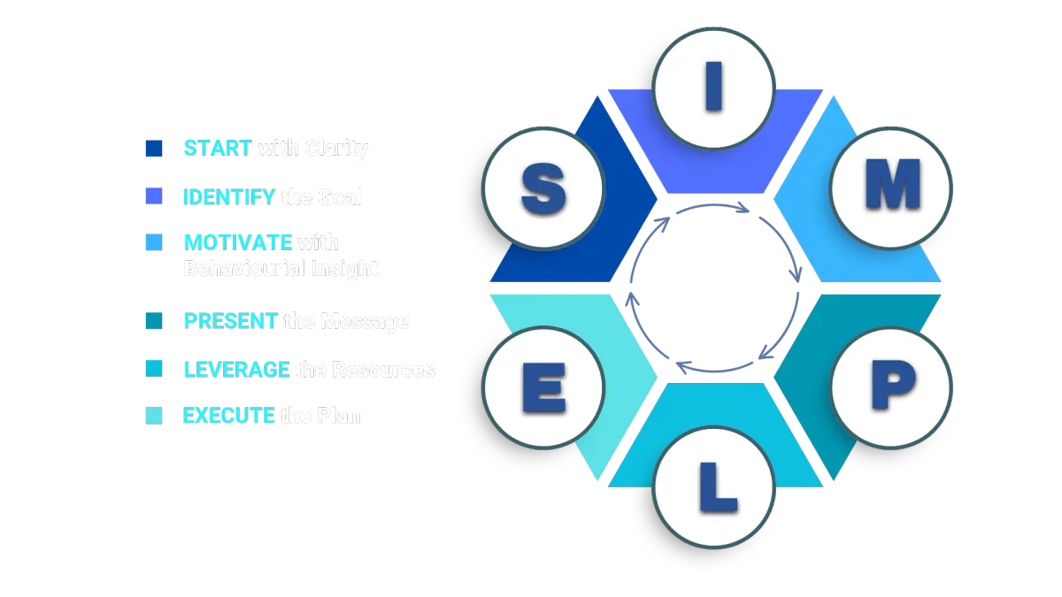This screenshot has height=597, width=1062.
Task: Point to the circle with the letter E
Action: (543, 387)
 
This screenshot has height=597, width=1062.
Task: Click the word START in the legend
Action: (218, 148)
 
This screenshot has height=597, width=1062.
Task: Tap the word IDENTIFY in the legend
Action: (229, 196)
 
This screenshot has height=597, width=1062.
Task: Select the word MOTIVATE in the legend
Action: (238, 241)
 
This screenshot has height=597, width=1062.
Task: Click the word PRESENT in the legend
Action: (230, 321)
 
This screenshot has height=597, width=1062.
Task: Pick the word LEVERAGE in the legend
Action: (236, 369)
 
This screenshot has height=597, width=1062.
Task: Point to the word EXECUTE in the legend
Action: (228, 415)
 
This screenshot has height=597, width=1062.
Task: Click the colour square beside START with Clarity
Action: (153, 148)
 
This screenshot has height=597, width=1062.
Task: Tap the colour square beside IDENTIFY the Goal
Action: (153, 195)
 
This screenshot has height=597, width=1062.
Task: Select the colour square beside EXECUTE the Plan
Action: (153, 414)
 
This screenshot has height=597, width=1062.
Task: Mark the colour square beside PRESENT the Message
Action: (153, 321)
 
